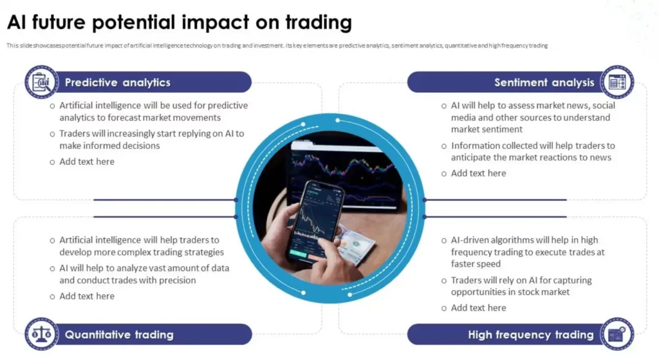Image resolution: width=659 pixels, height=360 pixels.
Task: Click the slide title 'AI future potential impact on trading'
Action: (x=180, y=23)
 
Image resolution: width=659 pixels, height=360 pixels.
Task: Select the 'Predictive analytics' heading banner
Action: (x=118, y=82)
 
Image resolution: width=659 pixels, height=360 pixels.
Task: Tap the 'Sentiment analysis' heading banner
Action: (x=544, y=82)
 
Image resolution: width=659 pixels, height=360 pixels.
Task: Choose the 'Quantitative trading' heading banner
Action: (x=119, y=334)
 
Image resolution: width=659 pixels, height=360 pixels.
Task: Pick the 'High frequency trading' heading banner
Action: (x=530, y=334)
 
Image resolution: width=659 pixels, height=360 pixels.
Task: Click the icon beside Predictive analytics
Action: (x=41, y=82)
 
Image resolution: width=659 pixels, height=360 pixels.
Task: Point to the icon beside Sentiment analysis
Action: (x=617, y=82)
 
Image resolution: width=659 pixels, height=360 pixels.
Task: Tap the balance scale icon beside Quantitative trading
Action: (x=41, y=334)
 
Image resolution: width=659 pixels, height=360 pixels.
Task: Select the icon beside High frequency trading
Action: (x=617, y=334)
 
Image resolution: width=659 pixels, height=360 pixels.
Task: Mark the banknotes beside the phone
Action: (x=357, y=245)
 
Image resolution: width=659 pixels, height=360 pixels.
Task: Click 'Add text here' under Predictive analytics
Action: (x=87, y=162)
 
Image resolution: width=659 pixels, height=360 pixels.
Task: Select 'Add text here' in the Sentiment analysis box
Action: (x=478, y=173)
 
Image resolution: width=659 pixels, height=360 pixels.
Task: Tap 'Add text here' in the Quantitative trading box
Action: (x=87, y=296)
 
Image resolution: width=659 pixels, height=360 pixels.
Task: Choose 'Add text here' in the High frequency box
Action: (x=478, y=308)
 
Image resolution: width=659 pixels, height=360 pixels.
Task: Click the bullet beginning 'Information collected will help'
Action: (x=532, y=151)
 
